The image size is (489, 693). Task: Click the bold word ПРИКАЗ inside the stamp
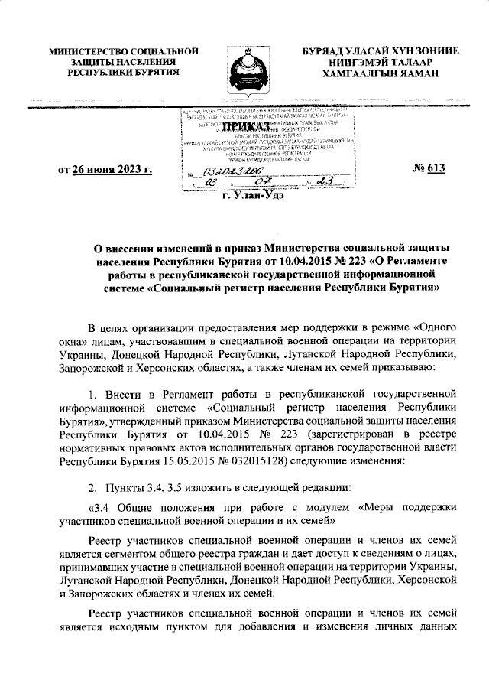pyautogui.click(x=244, y=125)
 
